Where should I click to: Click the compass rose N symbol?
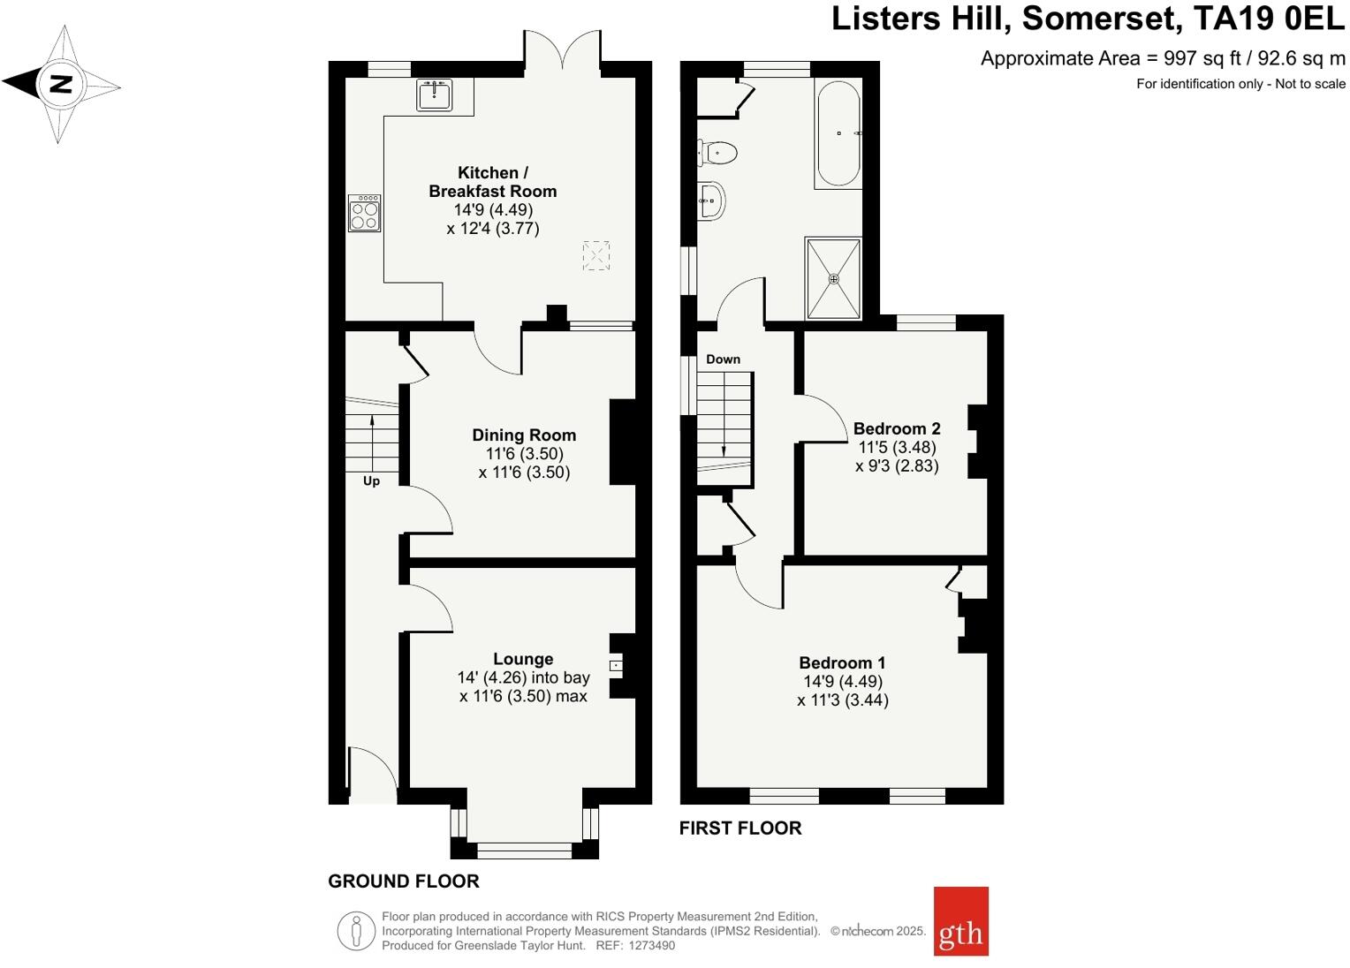click(60, 85)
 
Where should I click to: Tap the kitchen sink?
click(434, 95)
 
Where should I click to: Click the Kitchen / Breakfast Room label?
click(492, 182)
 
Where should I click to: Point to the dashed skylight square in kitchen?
click(596, 256)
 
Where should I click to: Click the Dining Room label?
click(524, 435)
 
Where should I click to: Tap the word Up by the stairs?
click(371, 481)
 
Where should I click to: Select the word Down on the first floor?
click(723, 359)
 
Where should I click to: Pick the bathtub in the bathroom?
click(838, 133)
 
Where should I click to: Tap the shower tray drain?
click(833, 278)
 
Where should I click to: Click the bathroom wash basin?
click(712, 200)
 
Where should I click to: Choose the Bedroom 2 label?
click(897, 428)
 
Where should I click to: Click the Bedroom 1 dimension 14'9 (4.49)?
click(843, 681)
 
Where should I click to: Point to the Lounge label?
click(523, 659)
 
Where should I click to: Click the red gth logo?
click(960, 921)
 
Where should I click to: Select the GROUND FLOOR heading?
click(404, 881)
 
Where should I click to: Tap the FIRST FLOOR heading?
click(740, 828)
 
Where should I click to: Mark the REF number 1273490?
click(651, 945)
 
